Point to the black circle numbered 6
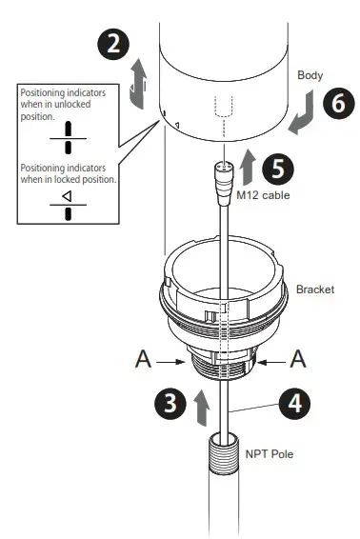pyautogui.click(x=335, y=105)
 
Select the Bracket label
pyautogui.click(x=314, y=288)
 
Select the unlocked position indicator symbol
pyautogui.click(x=68, y=135)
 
